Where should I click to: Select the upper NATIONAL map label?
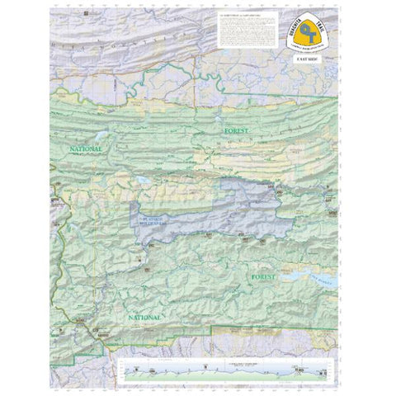tap(85, 149)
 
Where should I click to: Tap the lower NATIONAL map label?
tap(144, 316)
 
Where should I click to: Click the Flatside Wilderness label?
tap(153, 218)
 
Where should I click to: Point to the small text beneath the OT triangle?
tap(312, 49)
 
